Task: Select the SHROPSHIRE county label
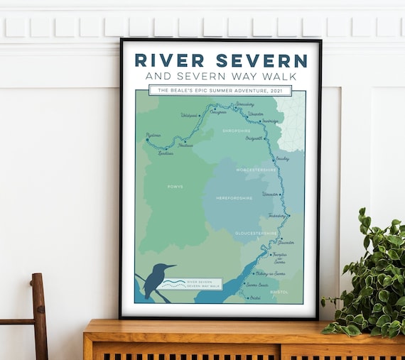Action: pos(236,131)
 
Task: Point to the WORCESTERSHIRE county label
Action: pos(257,170)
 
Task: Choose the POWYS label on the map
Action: pos(175,187)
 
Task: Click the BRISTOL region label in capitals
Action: pos(279,291)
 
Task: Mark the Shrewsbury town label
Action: pos(244,104)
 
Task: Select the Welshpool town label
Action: pos(189,114)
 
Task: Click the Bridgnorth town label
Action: pos(254,138)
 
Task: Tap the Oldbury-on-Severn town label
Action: pos(270,273)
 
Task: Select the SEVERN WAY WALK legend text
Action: pos(205,285)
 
